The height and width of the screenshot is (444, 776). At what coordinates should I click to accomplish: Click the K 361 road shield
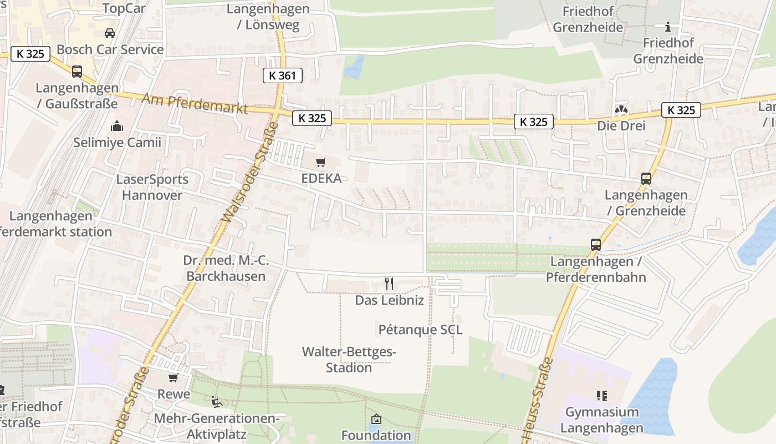(x=282, y=75)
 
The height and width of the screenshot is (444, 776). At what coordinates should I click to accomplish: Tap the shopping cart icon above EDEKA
(x=320, y=163)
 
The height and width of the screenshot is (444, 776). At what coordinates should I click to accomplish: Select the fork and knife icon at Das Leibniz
(x=389, y=284)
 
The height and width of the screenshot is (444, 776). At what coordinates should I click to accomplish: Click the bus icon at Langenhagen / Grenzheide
(x=646, y=179)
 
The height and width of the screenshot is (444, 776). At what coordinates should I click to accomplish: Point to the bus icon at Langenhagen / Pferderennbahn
(x=596, y=245)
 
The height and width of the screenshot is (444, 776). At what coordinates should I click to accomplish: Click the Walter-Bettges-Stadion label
(x=349, y=360)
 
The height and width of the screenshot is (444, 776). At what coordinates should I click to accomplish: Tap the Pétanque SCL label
(x=420, y=330)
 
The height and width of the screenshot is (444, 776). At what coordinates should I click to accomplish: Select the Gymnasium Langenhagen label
(x=602, y=420)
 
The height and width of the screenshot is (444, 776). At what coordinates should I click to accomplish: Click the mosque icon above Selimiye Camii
(x=117, y=126)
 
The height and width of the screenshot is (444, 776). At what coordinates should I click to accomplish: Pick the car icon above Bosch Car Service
(x=110, y=33)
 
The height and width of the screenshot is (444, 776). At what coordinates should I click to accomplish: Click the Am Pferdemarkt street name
(x=195, y=104)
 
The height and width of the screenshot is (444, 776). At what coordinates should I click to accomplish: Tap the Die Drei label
(x=621, y=125)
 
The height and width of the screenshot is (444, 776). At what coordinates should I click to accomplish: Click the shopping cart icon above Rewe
(x=173, y=378)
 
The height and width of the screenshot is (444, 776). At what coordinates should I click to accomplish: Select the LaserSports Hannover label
(x=152, y=187)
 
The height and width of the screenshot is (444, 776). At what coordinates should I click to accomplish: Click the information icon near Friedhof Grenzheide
(x=668, y=27)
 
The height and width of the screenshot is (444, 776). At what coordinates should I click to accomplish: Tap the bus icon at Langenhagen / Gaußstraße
(x=77, y=72)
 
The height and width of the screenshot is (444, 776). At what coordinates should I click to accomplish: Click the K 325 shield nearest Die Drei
(x=681, y=110)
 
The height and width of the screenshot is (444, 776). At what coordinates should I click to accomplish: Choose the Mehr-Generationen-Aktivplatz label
(x=216, y=426)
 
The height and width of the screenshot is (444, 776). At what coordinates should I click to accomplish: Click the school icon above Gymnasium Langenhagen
(x=602, y=396)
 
